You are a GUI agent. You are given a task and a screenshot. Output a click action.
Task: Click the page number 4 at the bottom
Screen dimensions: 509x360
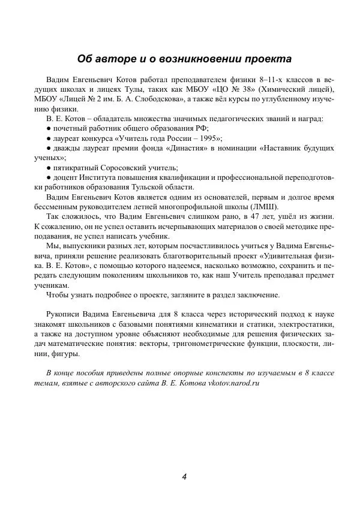[x=184, y=477]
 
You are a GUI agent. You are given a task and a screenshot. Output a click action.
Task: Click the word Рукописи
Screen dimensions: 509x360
[x=63, y=314]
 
